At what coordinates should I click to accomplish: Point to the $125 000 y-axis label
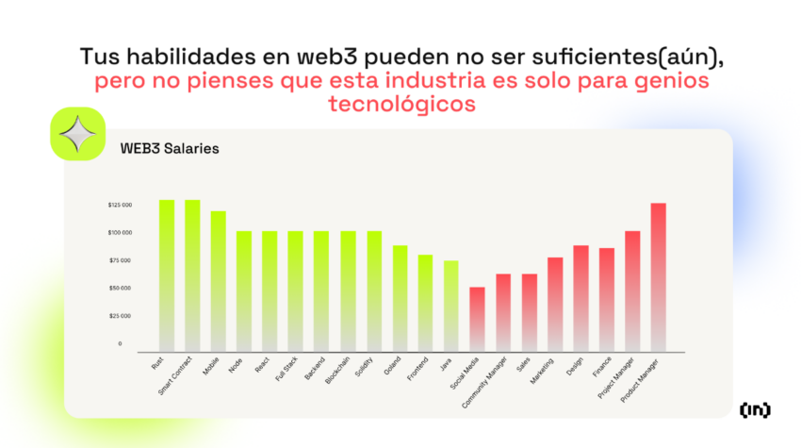(120, 205)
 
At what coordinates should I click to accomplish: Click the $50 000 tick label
(120, 288)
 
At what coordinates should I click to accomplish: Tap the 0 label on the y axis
(120, 343)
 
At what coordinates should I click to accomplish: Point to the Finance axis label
(600, 368)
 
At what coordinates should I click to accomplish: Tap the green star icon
(76, 135)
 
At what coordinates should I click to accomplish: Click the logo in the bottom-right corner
(754, 409)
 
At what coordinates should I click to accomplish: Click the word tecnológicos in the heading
(400, 104)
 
